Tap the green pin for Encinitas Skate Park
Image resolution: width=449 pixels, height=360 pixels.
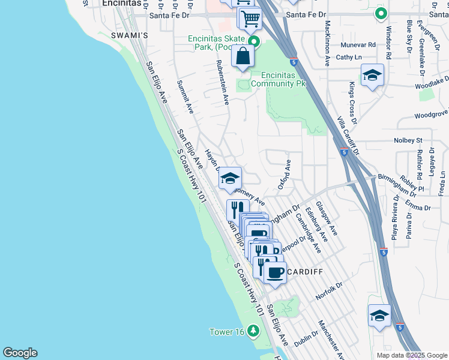(x=254, y=42)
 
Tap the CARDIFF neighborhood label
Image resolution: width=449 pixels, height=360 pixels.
(x=306, y=272)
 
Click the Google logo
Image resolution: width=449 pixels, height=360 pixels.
(x=20, y=353)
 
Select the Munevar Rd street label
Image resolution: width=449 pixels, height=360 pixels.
(x=358, y=44)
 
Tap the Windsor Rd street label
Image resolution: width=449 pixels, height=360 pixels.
(x=389, y=43)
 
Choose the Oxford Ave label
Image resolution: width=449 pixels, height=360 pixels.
(x=285, y=175)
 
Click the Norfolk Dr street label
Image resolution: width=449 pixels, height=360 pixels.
(x=330, y=292)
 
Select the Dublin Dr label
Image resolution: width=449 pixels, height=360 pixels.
(x=306, y=339)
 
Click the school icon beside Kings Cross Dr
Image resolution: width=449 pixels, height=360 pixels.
(x=372, y=75)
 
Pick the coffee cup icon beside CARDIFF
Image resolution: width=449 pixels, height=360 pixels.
(x=276, y=273)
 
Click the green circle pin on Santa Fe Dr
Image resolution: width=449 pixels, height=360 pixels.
(x=381, y=13)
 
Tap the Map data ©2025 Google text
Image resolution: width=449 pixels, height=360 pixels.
(x=411, y=355)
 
